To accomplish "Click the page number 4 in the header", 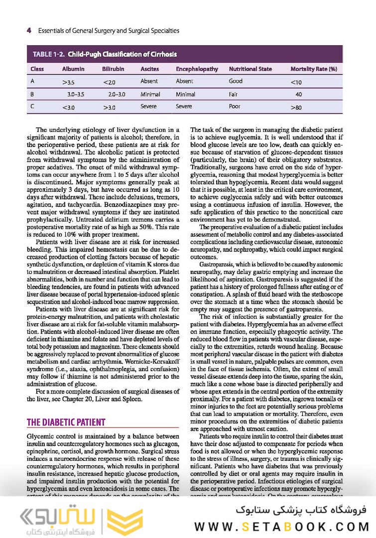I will pyautogui.click(x=28, y=30).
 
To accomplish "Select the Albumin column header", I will pyautogui.click(x=73, y=69).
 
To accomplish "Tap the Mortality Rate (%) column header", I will pyautogui.click(x=314, y=69).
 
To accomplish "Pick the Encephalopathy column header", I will pyautogui.click(x=197, y=69).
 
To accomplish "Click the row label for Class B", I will pyautogui.click(x=32, y=94).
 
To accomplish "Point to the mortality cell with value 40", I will pyautogui.click(x=298, y=94).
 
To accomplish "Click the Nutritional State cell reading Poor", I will pyautogui.click(x=235, y=107).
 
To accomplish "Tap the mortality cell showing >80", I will pyautogui.click(x=296, y=107).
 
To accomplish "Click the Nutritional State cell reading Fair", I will pyautogui.click(x=233, y=94).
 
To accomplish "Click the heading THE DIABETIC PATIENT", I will pyautogui.click(x=66, y=422).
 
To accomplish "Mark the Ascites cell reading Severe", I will pyautogui.click(x=148, y=107).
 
